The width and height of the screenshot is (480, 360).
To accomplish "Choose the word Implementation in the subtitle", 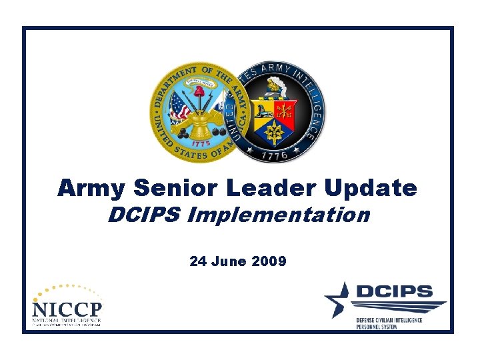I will point(278,215).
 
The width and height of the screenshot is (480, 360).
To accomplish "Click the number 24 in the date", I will point(197,261).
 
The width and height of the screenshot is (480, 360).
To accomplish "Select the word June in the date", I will point(230,261).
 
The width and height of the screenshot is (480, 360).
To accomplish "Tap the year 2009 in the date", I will point(269,261).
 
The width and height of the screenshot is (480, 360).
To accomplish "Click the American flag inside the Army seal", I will point(179,105).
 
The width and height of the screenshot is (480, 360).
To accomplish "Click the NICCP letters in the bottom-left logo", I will point(67,310).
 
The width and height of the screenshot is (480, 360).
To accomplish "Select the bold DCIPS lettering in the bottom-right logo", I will point(393,291).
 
